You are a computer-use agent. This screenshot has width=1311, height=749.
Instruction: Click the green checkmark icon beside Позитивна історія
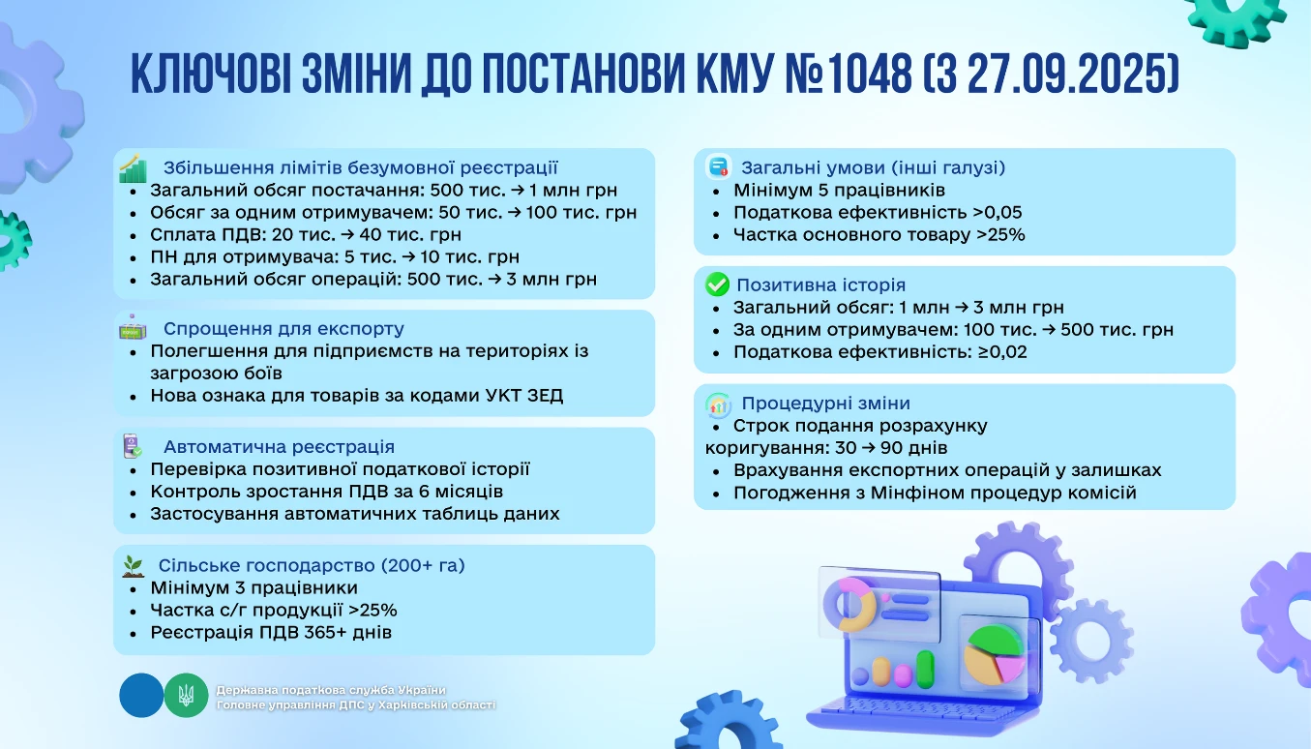[717, 285]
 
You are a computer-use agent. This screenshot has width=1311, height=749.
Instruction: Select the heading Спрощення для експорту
[283, 329]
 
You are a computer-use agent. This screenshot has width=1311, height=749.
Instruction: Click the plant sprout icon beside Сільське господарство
[133, 565]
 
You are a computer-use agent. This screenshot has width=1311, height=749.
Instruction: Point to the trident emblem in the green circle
[186, 695]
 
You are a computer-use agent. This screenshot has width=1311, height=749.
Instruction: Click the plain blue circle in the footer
[141, 695]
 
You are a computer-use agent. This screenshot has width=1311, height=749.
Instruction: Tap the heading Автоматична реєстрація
[279, 447]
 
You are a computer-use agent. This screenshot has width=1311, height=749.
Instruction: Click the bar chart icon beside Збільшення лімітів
[133, 168]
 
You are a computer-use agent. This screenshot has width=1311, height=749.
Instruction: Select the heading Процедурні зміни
[825, 404]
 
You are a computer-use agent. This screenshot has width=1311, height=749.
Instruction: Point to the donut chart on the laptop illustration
[848, 604]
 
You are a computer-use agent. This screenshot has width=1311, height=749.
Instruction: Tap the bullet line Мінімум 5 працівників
[839, 191]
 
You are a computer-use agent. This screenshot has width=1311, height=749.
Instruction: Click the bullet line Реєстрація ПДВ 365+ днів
[270, 633]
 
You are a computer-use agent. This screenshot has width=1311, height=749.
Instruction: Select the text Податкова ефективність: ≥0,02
[879, 352]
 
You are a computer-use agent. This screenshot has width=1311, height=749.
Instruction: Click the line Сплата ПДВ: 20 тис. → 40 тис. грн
[305, 235]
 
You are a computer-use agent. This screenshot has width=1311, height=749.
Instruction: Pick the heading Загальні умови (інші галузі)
[873, 167]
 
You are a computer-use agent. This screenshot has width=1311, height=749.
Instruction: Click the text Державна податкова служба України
[331, 690]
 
